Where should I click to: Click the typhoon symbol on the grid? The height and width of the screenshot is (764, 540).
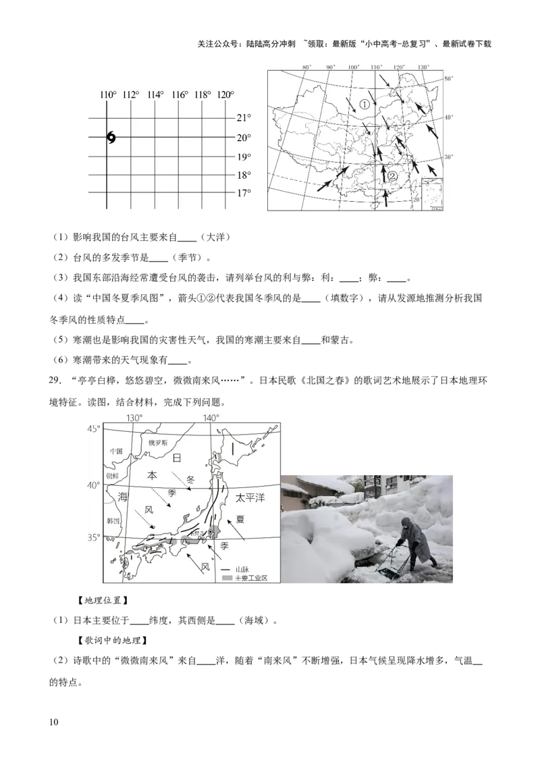pyautogui.click(x=111, y=138)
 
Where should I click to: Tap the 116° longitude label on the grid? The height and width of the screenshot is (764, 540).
pyautogui.click(x=180, y=95)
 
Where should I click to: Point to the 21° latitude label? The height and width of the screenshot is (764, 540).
pyautogui.click(x=243, y=118)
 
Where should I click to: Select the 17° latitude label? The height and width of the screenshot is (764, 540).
pyautogui.click(x=243, y=193)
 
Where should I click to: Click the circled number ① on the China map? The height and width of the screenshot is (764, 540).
pyautogui.click(x=364, y=104)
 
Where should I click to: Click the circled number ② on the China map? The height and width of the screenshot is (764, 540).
pyautogui.click(x=392, y=176)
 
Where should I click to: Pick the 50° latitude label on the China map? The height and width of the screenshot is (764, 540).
pyautogui.click(x=446, y=80)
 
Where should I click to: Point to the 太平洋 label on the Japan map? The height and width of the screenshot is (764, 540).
pyautogui.click(x=250, y=498)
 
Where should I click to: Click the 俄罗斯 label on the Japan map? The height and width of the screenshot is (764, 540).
pyautogui.click(x=157, y=443)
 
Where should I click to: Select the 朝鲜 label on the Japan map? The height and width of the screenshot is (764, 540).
pyautogui.click(x=113, y=476)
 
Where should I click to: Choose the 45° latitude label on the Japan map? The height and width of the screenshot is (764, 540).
pyautogui.click(x=93, y=429)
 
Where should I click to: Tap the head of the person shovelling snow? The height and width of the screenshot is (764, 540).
pyautogui.click(x=405, y=523)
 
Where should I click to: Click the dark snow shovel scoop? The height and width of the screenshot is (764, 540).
pyautogui.click(x=387, y=573)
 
